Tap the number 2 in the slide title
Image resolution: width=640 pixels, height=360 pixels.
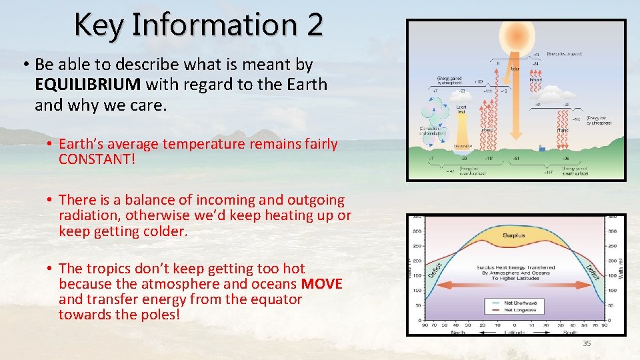315,25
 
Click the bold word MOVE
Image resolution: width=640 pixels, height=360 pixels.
321,284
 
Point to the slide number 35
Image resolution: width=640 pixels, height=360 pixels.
587,343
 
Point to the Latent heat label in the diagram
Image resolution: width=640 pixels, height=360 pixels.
461,109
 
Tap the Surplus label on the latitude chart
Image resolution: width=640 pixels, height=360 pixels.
513,235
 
